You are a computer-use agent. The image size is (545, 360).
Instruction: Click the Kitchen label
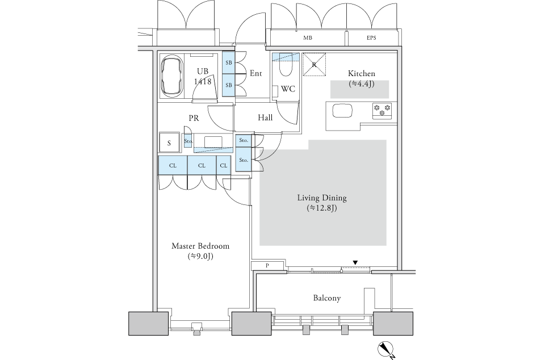click(361, 74)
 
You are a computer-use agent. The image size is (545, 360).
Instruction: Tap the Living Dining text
click(322, 198)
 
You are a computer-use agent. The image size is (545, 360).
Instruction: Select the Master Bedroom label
click(200, 246)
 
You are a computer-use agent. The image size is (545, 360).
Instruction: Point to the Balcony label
click(326, 298)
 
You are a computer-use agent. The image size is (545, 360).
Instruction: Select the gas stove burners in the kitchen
click(382, 110)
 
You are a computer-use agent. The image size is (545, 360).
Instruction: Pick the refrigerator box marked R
click(314, 64)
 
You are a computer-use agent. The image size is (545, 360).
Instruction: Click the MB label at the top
click(308, 38)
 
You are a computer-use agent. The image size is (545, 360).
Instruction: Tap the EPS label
click(371, 38)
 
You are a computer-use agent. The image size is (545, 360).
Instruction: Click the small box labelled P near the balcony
click(266, 266)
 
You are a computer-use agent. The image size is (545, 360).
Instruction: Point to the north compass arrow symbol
click(385, 348)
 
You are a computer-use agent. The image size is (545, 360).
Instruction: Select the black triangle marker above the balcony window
click(355, 262)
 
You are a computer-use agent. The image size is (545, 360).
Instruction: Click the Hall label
click(265, 118)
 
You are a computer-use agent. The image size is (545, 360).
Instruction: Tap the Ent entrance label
click(255, 73)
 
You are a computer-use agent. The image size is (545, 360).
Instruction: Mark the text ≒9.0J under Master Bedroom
click(200, 257)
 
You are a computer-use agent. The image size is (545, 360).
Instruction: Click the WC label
click(287, 89)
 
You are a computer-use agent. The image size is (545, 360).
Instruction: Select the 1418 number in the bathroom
click(203, 82)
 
